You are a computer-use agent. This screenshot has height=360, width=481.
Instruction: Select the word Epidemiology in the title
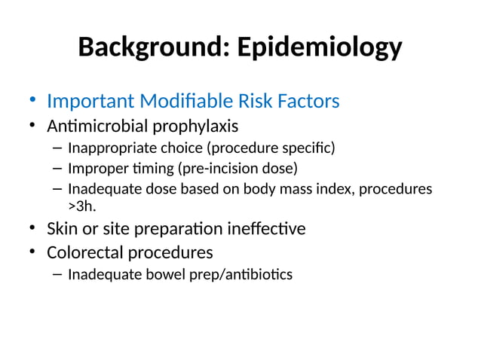click(x=319, y=47)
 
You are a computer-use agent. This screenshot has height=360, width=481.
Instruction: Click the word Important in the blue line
click(x=93, y=100)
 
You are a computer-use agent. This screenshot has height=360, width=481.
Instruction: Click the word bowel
click(x=167, y=273)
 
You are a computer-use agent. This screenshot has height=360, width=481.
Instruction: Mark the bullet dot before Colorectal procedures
click(x=32, y=252)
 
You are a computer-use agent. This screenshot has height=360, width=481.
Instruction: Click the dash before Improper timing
click(x=57, y=168)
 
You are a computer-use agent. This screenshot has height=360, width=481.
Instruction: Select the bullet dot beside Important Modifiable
click(x=32, y=101)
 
